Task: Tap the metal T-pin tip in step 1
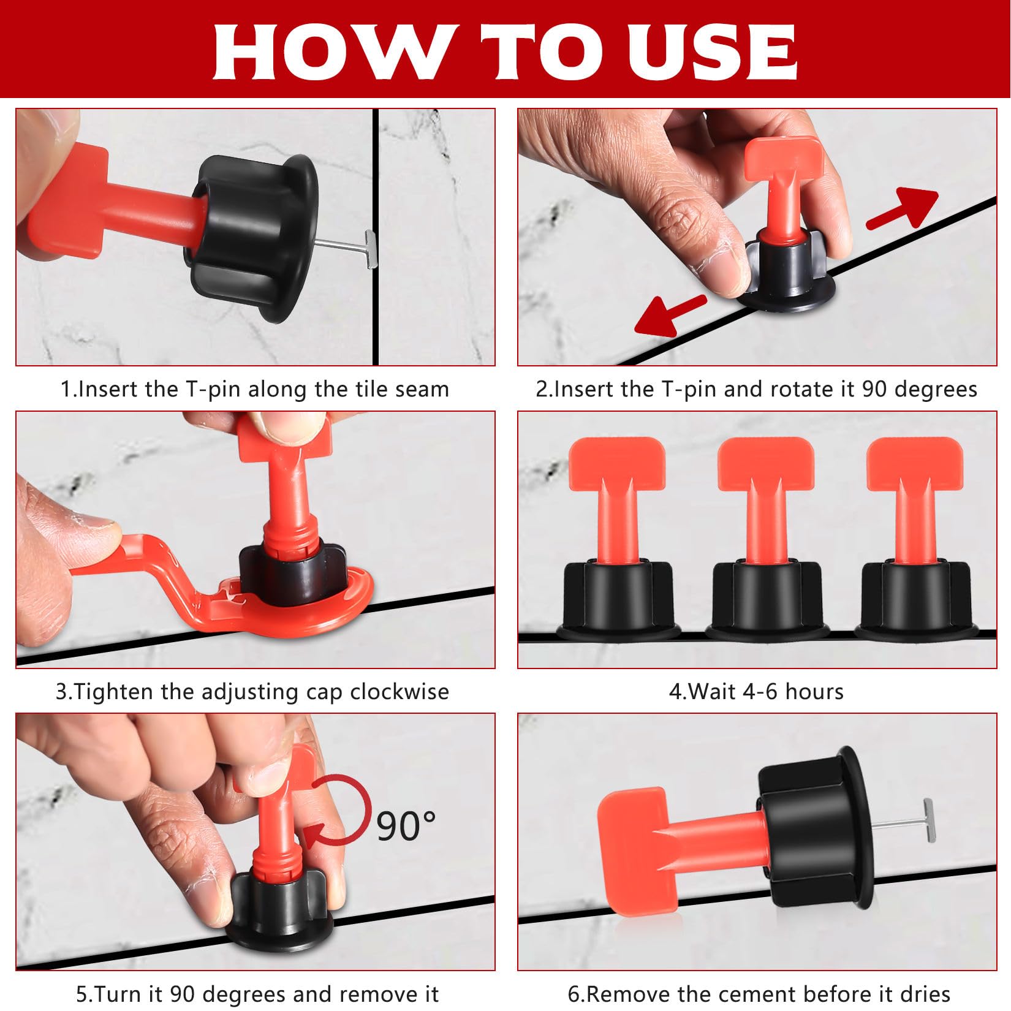pyautogui.click(x=369, y=248)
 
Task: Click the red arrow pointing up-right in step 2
pyautogui.click(x=903, y=209)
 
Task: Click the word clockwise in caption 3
pyautogui.click(x=399, y=692)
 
